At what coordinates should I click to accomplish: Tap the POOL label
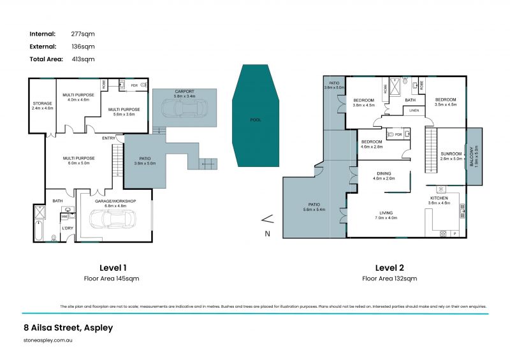tap(256, 120)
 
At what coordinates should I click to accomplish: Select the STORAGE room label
tap(43, 103)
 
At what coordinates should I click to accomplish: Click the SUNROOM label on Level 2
tap(451, 154)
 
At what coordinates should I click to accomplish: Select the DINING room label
tap(384, 173)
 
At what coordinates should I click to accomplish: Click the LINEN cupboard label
tap(414, 111)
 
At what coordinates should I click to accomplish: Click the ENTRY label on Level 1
tap(109, 138)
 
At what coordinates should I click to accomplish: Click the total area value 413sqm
tap(83, 59)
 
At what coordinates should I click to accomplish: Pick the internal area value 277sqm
tap(83, 33)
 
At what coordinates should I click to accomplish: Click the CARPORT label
tap(184, 91)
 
